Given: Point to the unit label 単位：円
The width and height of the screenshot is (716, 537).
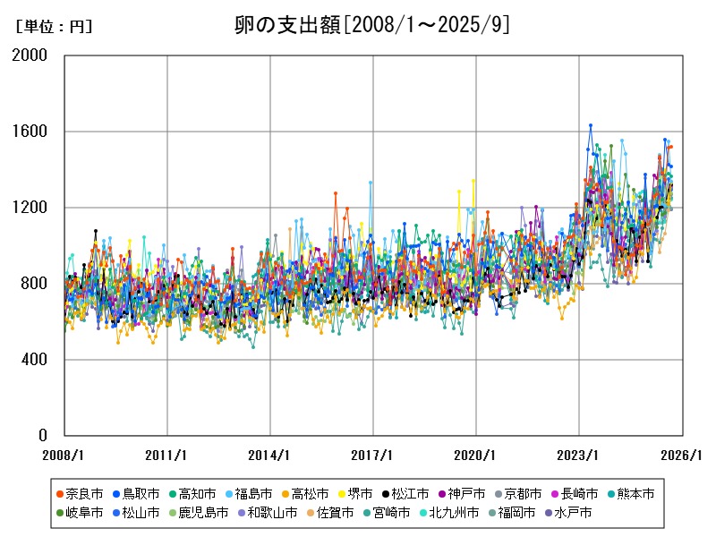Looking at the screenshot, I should click(54, 27).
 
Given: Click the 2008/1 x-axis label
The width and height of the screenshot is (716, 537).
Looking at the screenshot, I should click(64, 455).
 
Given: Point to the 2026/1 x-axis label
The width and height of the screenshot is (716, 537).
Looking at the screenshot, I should click(682, 455).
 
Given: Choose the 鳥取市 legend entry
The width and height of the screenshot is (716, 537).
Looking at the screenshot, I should click(135, 494).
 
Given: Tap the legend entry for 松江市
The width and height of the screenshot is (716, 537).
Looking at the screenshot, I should click(405, 494).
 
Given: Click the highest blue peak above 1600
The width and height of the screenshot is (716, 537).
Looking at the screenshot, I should click(591, 125).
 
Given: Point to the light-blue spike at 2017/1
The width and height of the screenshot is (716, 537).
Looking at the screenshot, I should click(371, 183).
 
